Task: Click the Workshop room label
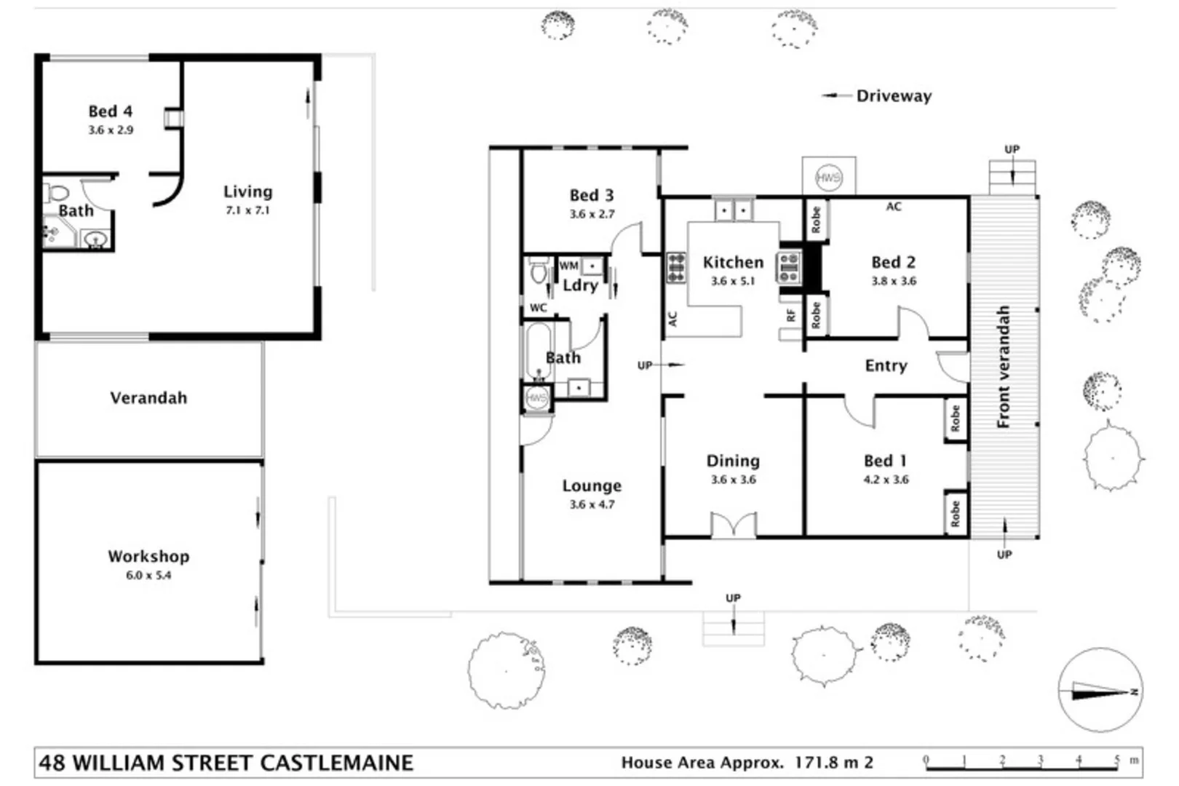coord(148,557)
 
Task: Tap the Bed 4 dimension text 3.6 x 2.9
coord(111,130)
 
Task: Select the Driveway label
coord(893,96)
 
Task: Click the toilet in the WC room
coord(539,272)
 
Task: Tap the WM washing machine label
coord(568,266)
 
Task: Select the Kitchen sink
coord(733,211)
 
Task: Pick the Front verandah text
coord(1004,367)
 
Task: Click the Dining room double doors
coord(733,525)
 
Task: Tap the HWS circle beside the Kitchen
coord(828,177)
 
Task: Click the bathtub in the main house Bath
coord(539,352)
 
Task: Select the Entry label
coord(886,366)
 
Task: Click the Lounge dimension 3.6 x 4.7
coord(592,504)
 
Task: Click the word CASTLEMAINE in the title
coord(336,763)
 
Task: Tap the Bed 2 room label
coord(893,262)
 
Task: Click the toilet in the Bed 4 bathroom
coord(57,194)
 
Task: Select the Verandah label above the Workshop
coord(148,398)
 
